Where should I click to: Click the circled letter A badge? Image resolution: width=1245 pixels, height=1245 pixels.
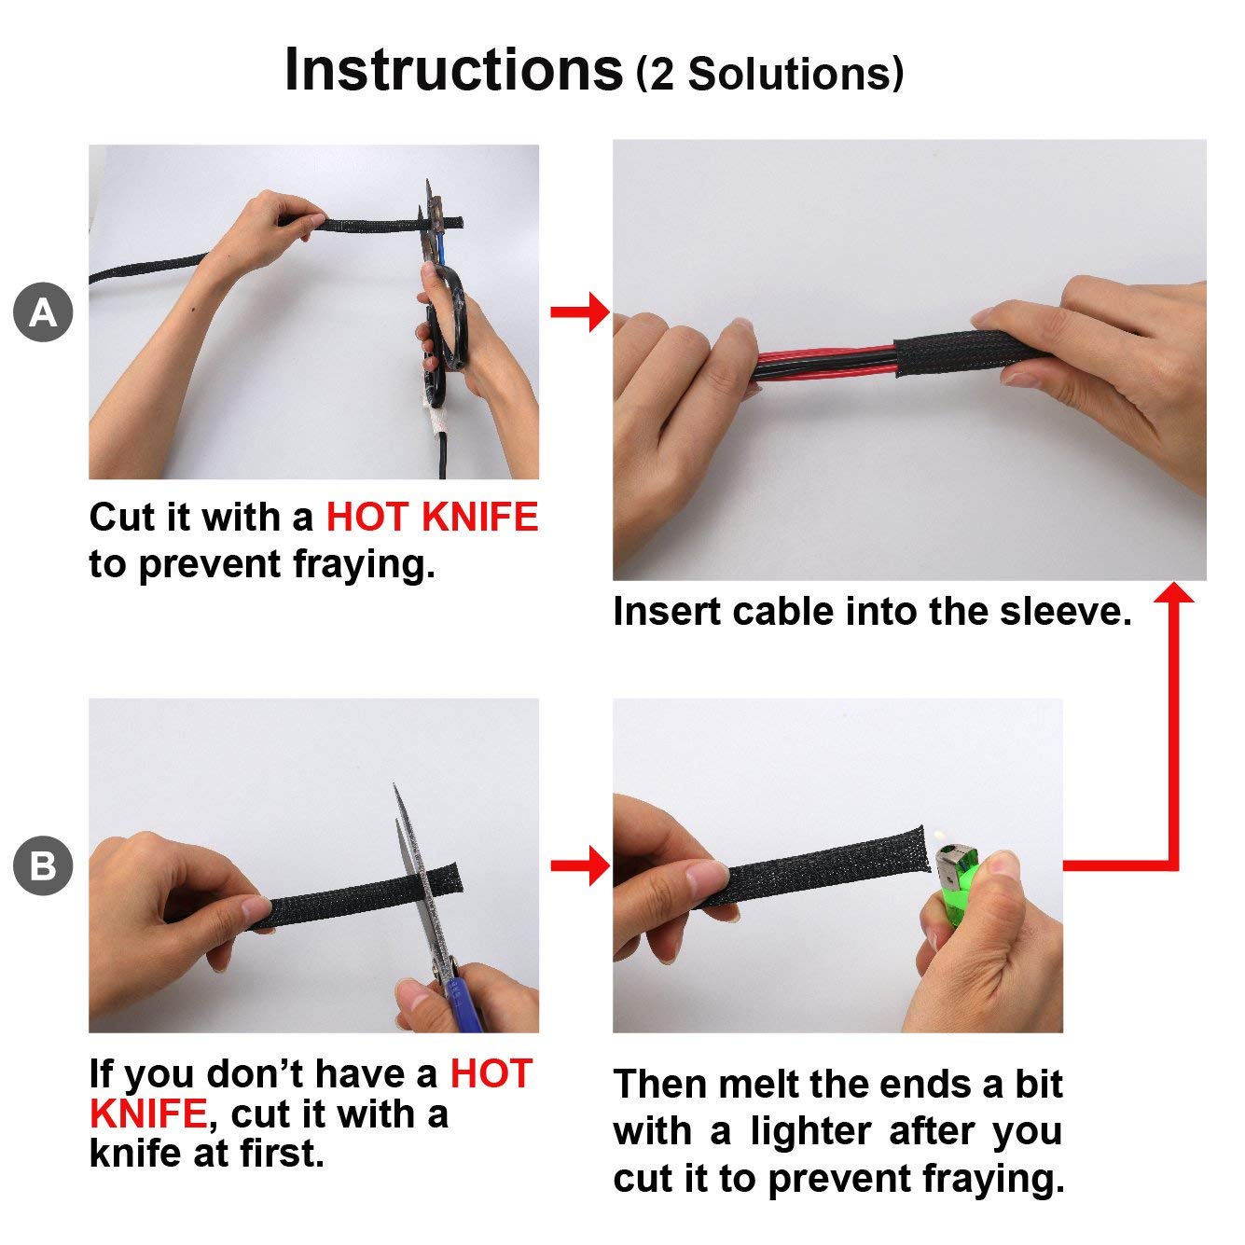click(43, 311)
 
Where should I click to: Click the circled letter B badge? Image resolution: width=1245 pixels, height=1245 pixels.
click(43, 865)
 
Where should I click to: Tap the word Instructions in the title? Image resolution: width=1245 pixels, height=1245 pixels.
click(453, 70)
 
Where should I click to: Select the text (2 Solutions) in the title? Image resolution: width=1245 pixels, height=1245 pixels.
click(769, 75)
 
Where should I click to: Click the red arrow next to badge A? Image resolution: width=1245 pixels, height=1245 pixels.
click(579, 312)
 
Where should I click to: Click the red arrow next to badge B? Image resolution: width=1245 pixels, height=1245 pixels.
click(579, 865)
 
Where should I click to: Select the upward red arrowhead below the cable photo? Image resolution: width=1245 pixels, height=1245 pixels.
click(1173, 593)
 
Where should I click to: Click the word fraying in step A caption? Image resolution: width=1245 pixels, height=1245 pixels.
click(364, 565)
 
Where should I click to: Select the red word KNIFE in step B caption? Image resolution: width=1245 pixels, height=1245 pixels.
click(148, 1114)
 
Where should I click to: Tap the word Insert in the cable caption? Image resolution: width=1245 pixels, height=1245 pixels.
click(666, 611)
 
